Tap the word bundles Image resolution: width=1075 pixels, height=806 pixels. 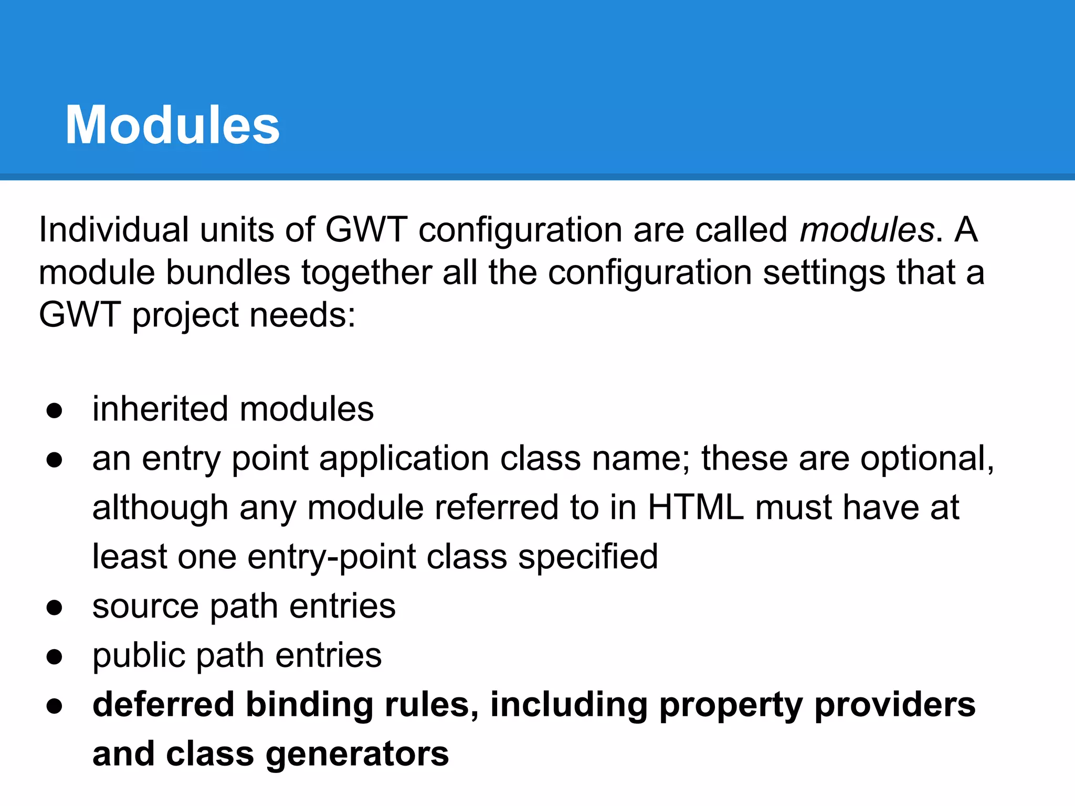[228, 273]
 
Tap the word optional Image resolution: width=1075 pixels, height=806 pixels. [927, 459]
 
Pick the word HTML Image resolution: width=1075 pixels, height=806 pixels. [695, 507]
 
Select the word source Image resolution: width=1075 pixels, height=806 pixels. [145, 607]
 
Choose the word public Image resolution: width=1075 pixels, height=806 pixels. [139, 656]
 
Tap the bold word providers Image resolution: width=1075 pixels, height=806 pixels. [895, 705]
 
